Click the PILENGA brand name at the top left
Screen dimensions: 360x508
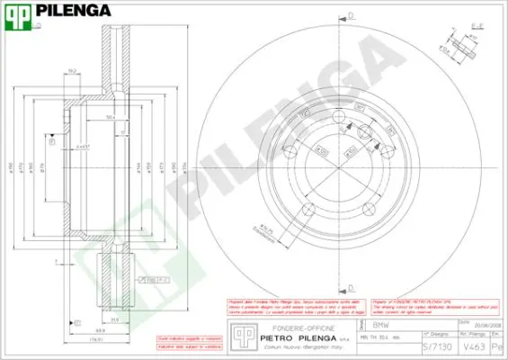73,12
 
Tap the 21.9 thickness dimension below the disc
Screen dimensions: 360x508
113,319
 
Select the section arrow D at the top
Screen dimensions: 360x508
351,16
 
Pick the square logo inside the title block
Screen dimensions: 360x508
241,334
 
